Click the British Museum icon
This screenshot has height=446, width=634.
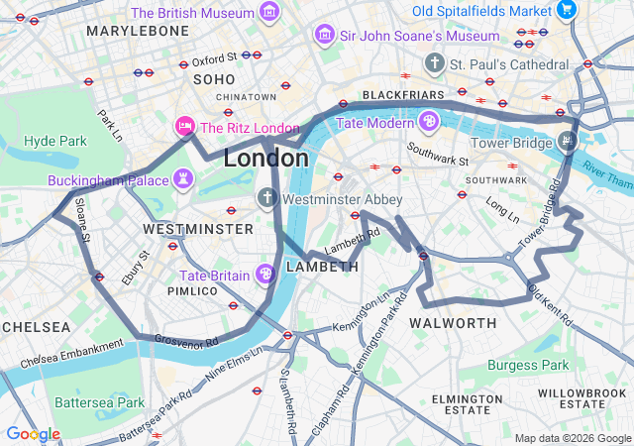(268, 13)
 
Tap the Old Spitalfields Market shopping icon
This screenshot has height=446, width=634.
(567, 11)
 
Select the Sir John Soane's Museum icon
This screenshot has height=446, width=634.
(323, 36)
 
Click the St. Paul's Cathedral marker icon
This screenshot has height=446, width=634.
(434, 63)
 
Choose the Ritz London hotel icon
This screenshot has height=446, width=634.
(184, 127)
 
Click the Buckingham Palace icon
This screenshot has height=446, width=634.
(182, 180)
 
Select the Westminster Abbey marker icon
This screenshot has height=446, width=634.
(266, 198)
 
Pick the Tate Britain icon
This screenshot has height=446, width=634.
(265, 274)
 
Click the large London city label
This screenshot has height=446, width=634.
(265, 158)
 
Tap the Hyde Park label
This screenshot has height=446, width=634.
(55, 141)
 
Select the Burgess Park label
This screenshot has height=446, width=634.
(527, 365)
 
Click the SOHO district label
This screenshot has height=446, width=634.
(215, 79)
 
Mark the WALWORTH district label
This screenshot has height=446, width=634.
(453, 323)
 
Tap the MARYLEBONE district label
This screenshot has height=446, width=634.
(138, 31)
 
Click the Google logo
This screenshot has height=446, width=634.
(33, 434)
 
